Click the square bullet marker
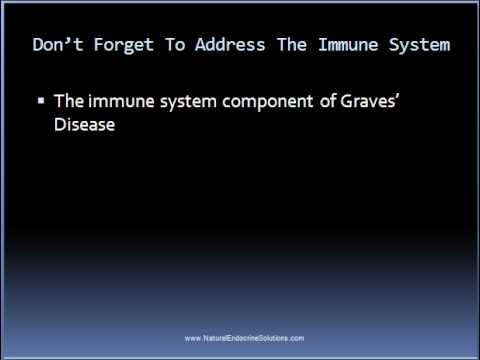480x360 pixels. (41, 102)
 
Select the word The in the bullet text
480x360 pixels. (67, 102)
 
